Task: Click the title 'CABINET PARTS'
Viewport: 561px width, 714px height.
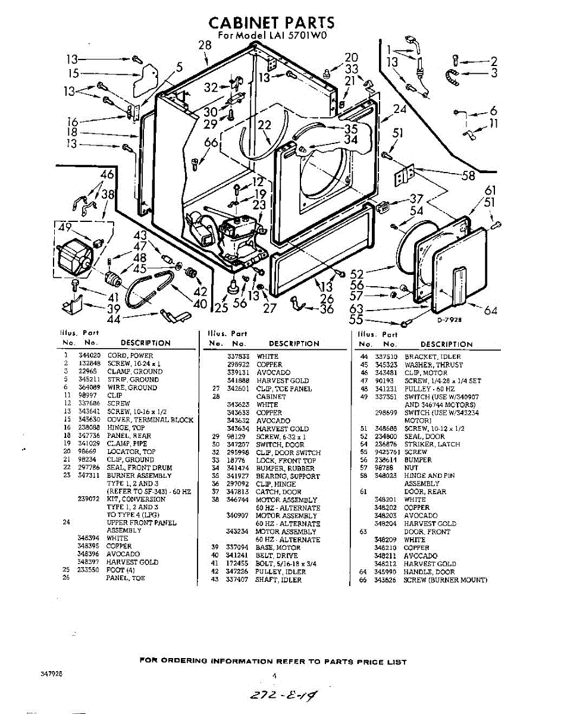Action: coord(271,23)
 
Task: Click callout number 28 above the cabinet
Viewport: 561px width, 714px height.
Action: coord(205,45)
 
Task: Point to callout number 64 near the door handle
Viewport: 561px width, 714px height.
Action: coord(490,310)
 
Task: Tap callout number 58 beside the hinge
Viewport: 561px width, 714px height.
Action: coord(469,175)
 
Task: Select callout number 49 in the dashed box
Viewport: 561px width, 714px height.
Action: coord(65,227)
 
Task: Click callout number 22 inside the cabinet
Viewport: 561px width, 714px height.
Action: coord(264,125)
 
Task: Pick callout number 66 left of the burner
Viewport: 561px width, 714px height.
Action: coord(211,142)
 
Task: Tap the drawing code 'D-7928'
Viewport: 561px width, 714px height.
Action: coord(449,320)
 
